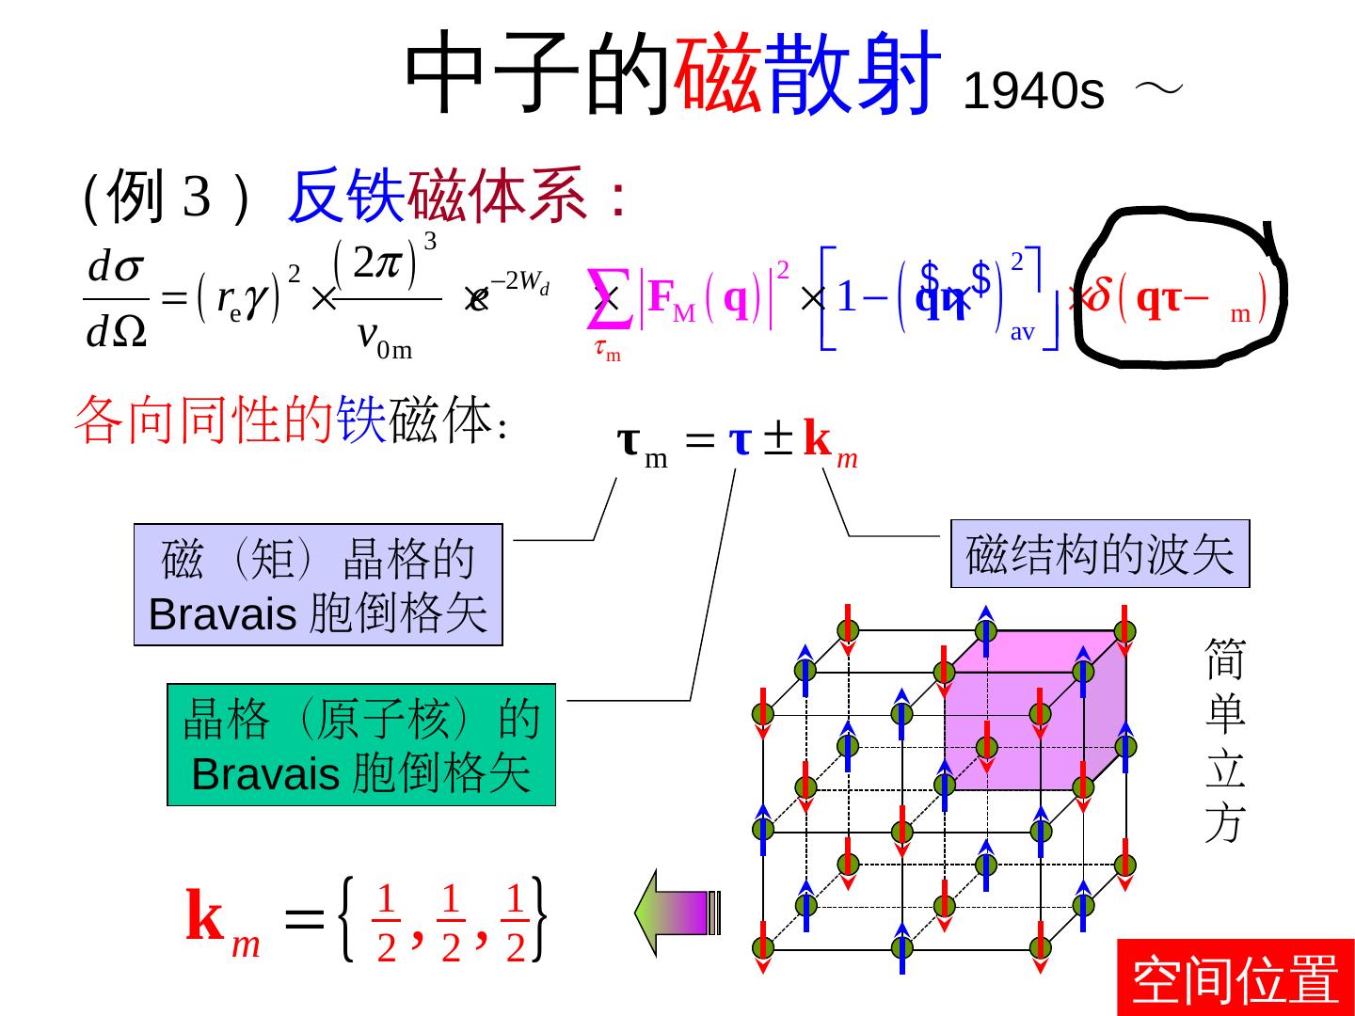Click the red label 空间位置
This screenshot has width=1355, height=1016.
(1235, 978)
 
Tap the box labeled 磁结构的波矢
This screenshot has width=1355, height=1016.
(1099, 553)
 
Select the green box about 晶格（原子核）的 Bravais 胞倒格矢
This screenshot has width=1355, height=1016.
(361, 745)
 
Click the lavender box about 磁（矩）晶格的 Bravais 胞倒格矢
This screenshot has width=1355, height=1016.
(318, 584)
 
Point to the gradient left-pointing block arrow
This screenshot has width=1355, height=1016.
(677, 913)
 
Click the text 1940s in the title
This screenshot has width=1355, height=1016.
(1033, 92)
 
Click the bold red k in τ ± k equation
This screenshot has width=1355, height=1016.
(819, 440)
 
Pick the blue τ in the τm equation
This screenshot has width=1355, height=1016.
(741, 440)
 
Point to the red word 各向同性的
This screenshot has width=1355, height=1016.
(201, 420)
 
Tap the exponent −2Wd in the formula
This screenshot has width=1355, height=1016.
(522, 280)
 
